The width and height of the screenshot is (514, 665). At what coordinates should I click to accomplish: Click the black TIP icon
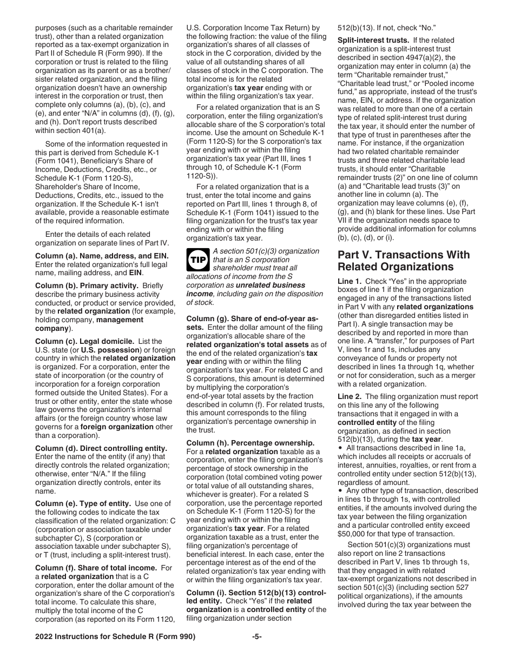point(197,260)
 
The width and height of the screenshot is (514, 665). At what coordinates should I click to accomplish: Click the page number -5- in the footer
point(257,636)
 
